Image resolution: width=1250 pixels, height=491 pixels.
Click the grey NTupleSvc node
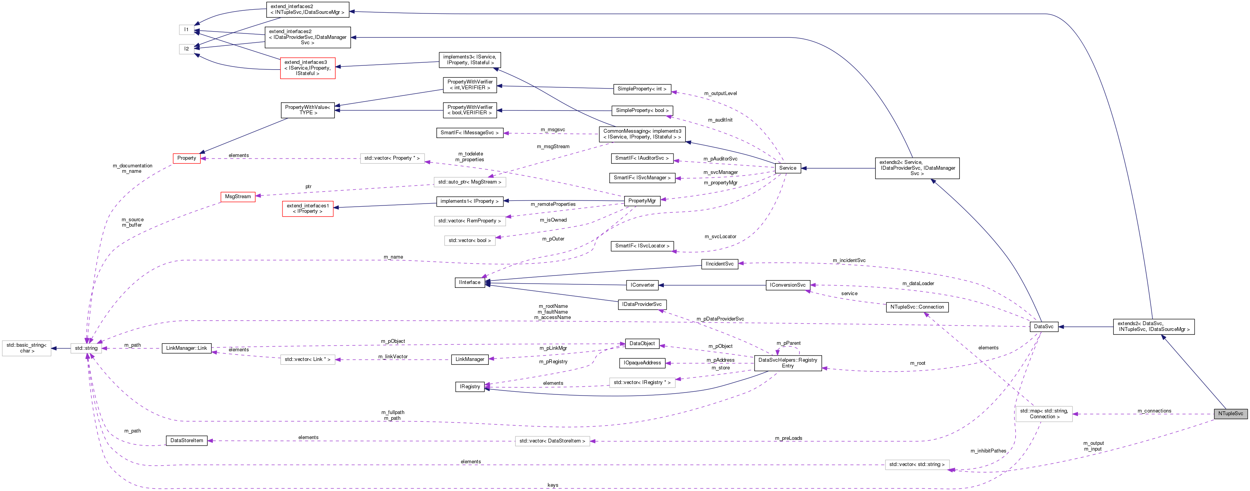click(x=1231, y=413)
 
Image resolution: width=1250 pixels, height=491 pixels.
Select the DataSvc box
click(x=1043, y=327)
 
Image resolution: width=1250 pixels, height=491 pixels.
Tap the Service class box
click(x=787, y=168)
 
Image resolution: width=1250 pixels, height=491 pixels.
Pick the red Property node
click(x=187, y=158)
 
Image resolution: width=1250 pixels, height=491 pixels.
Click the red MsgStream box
click(x=238, y=197)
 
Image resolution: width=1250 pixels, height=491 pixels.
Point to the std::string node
click(x=86, y=348)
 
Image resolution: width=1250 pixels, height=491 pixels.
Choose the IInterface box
click(x=470, y=282)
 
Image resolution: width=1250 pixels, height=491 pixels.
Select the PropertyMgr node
click(x=642, y=201)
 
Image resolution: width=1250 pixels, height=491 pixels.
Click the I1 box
click(x=186, y=30)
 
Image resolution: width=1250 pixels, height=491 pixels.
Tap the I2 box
click(x=186, y=48)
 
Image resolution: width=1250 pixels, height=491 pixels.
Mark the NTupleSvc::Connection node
click(x=917, y=307)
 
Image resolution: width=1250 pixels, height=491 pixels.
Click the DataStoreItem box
click(x=187, y=441)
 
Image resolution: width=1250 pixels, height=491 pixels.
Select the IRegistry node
click(x=470, y=387)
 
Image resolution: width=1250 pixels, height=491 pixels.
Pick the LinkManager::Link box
click(x=186, y=348)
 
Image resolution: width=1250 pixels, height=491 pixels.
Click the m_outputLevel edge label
click(x=720, y=93)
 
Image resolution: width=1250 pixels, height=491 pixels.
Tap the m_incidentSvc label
click(x=849, y=261)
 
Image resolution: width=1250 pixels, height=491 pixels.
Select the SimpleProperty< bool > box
click(x=642, y=110)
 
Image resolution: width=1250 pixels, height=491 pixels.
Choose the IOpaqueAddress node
click(x=642, y=363)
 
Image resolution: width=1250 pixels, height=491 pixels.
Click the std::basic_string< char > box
click(x=27, y=348)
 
